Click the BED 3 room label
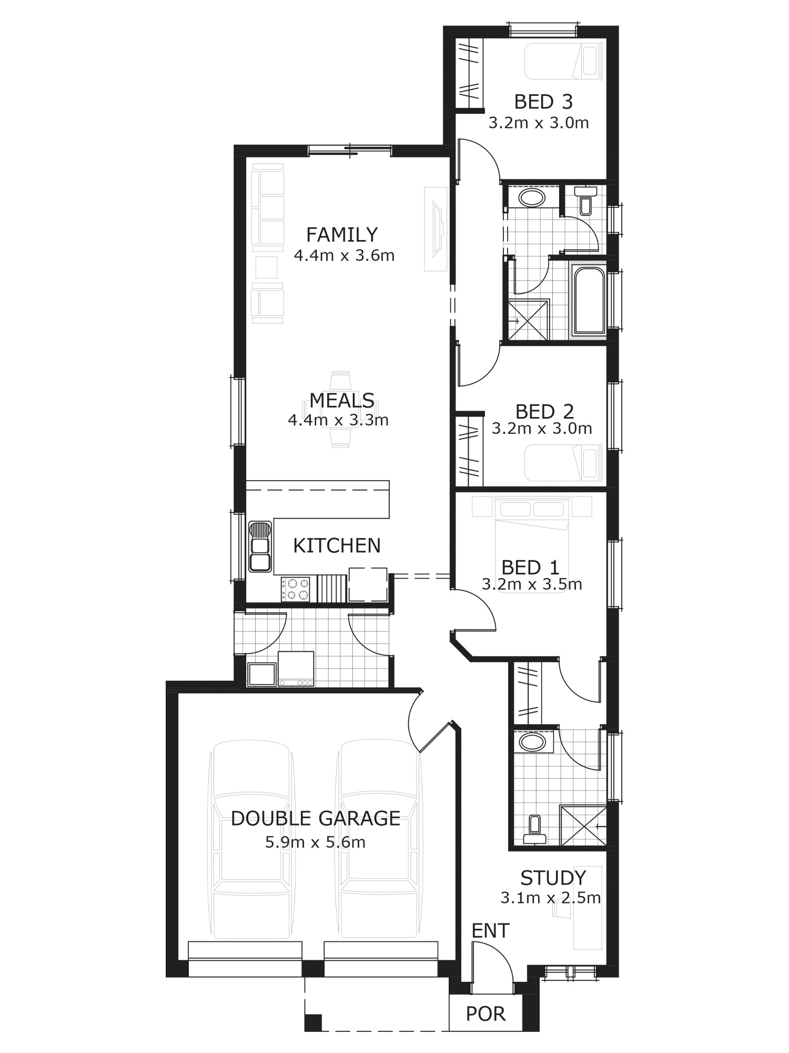[x=543, y=102]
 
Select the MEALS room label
[x=342, y=401]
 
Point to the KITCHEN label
[x=337, y=546]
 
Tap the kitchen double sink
[x=260, y=547]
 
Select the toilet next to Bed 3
[x=585, y=201]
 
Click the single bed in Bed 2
[x=563, y=463]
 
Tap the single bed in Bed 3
[x=563, y=62]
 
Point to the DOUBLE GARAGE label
[x=316, y=818]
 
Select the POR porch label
[x=485, y=1014]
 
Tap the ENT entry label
[x=491, y=931]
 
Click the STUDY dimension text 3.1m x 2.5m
[x=550, y=898]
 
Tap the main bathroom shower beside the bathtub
[x=527, y=320]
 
